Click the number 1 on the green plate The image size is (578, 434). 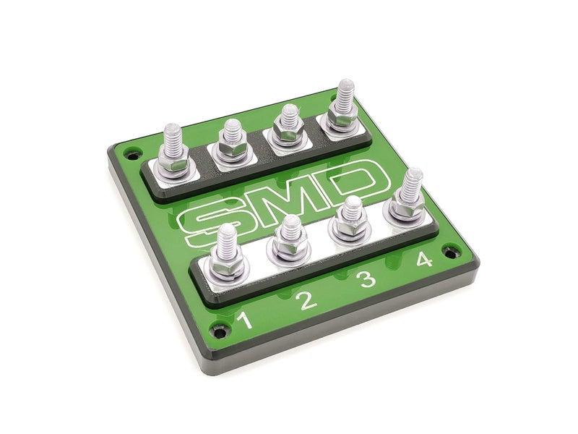point(246,319)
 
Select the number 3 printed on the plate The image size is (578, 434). point(367,279)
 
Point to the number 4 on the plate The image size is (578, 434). point(425,258)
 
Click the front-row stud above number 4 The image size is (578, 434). point(412,190)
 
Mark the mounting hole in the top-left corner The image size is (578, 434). point(131,153)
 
